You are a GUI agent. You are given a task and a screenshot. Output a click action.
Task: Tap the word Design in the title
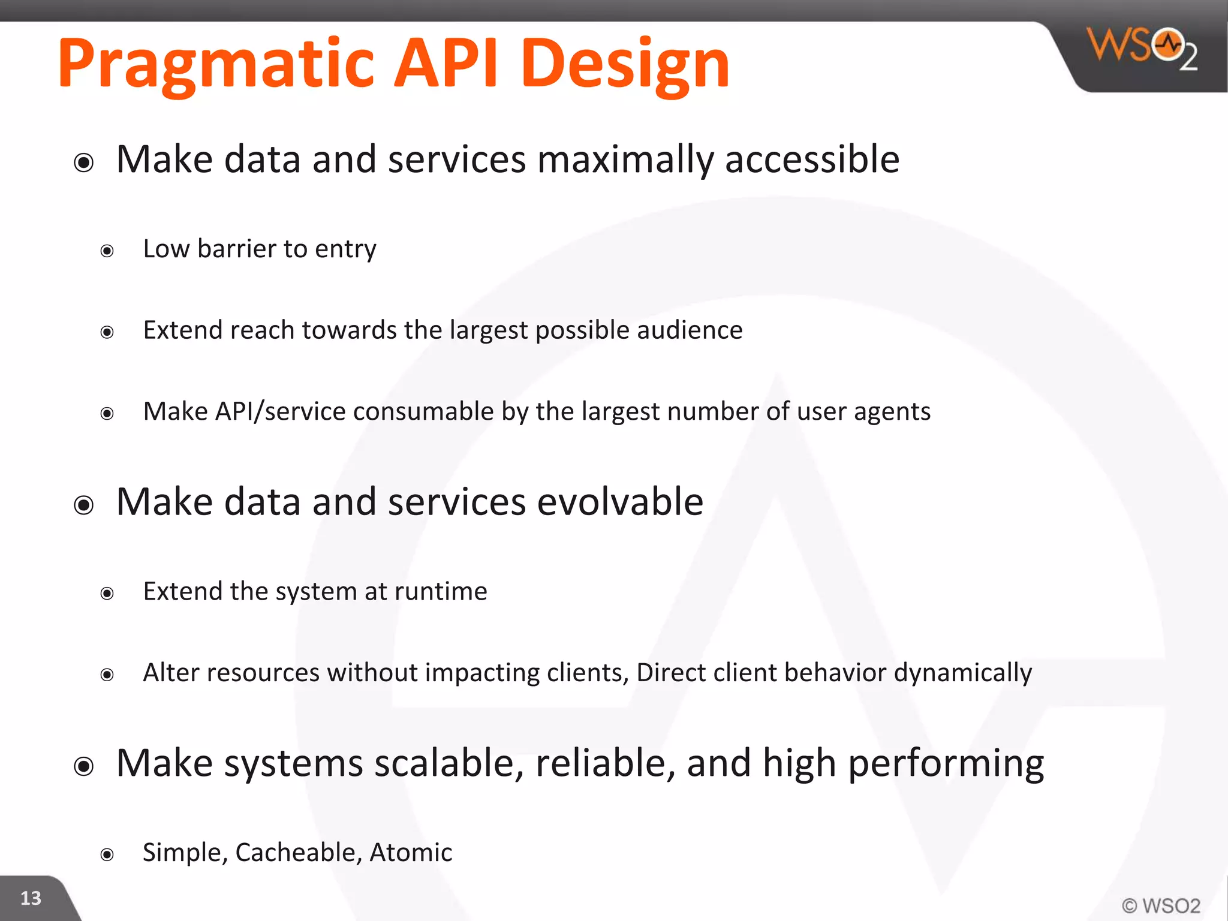pos(625,65)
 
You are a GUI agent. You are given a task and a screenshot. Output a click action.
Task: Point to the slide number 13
pos(31,898)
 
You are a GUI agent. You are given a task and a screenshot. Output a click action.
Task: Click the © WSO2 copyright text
pos(1161,905)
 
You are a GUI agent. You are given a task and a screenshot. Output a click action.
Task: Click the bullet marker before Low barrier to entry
pos(107,251)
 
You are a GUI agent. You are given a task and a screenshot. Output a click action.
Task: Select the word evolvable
pos(620,502)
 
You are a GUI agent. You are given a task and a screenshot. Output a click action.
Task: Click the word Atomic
pos(411,853)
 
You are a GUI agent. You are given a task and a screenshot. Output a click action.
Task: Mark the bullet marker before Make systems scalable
pos(84,766)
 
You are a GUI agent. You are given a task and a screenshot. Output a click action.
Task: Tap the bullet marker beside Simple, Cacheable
pos(107,854)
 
